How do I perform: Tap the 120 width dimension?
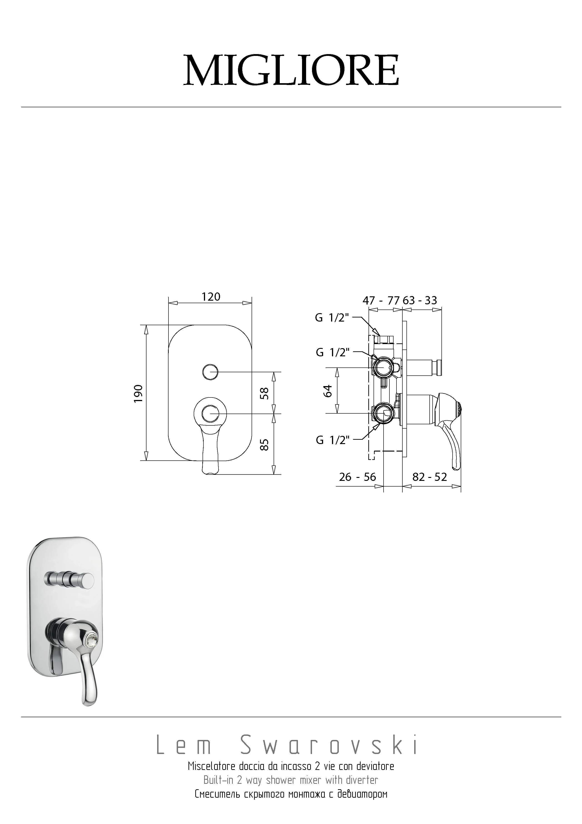211,297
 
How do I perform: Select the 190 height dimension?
139,393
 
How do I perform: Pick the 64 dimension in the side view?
328,391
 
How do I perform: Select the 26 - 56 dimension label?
357,477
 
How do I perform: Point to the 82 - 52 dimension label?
430,477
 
